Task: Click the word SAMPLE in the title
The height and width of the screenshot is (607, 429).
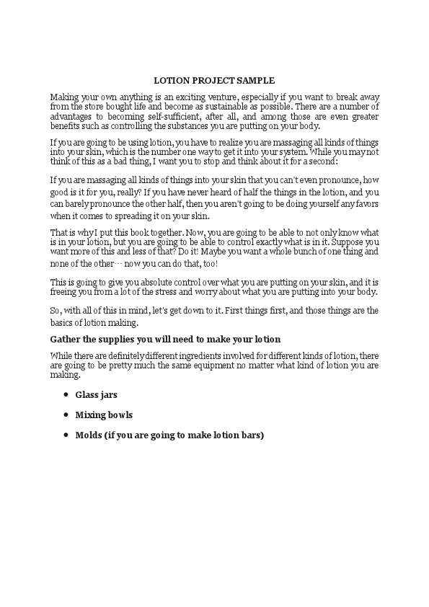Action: [256, 81]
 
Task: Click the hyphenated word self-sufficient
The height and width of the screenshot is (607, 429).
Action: [200, 115]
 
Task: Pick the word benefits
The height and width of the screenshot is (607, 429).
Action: [66, 124]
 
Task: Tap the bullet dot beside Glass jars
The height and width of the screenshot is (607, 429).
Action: [66, 395]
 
